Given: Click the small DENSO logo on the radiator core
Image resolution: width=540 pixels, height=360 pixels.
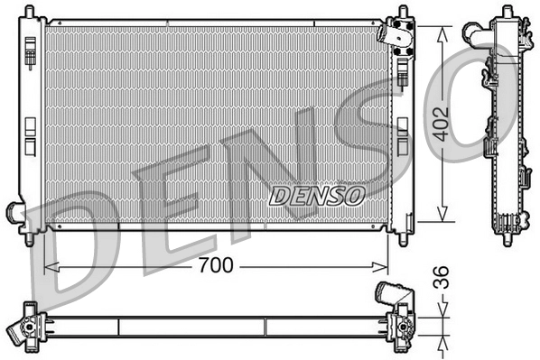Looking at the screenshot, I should coord(316,194).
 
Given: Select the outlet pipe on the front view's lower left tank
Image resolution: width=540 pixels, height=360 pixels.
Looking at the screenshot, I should coord(15,214).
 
